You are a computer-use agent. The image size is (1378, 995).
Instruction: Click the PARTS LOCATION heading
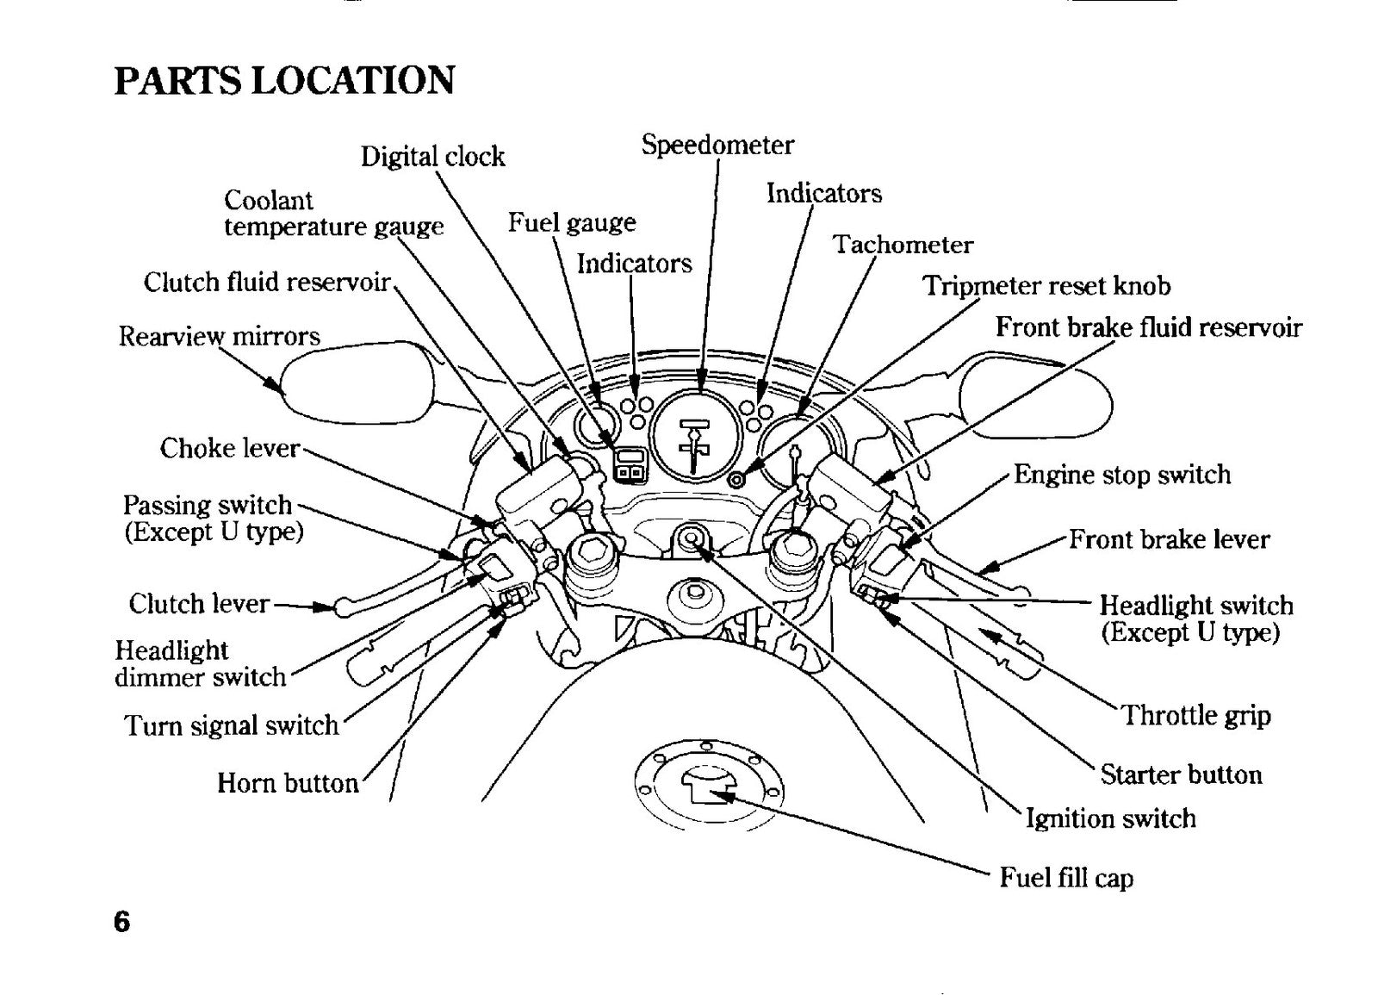pos(284,81)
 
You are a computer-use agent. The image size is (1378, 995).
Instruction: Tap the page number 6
pos(121,921)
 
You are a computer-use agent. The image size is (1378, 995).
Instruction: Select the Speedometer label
pos(717,146)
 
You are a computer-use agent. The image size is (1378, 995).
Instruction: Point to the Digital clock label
pos(432,157)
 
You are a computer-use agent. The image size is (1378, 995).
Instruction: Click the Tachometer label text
pos(903,245)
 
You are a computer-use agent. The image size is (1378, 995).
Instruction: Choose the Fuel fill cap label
pos(1066,878)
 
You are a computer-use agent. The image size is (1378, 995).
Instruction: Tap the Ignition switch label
pos(1110,819)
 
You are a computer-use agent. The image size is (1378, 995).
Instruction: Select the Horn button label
pos(288,783)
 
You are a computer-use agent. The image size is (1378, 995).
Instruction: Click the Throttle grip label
pos(1196,716)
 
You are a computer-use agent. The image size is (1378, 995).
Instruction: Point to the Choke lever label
pos(229,448)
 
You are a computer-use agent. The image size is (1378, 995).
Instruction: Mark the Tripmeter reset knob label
pos(1046,285)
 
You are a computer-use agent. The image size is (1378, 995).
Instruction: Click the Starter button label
pos(1181,774)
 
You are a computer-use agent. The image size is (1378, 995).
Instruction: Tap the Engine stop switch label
pos(1122,475)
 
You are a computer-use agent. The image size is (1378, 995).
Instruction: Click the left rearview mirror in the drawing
pos(360,382)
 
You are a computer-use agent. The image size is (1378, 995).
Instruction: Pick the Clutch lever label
pos(199,604)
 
